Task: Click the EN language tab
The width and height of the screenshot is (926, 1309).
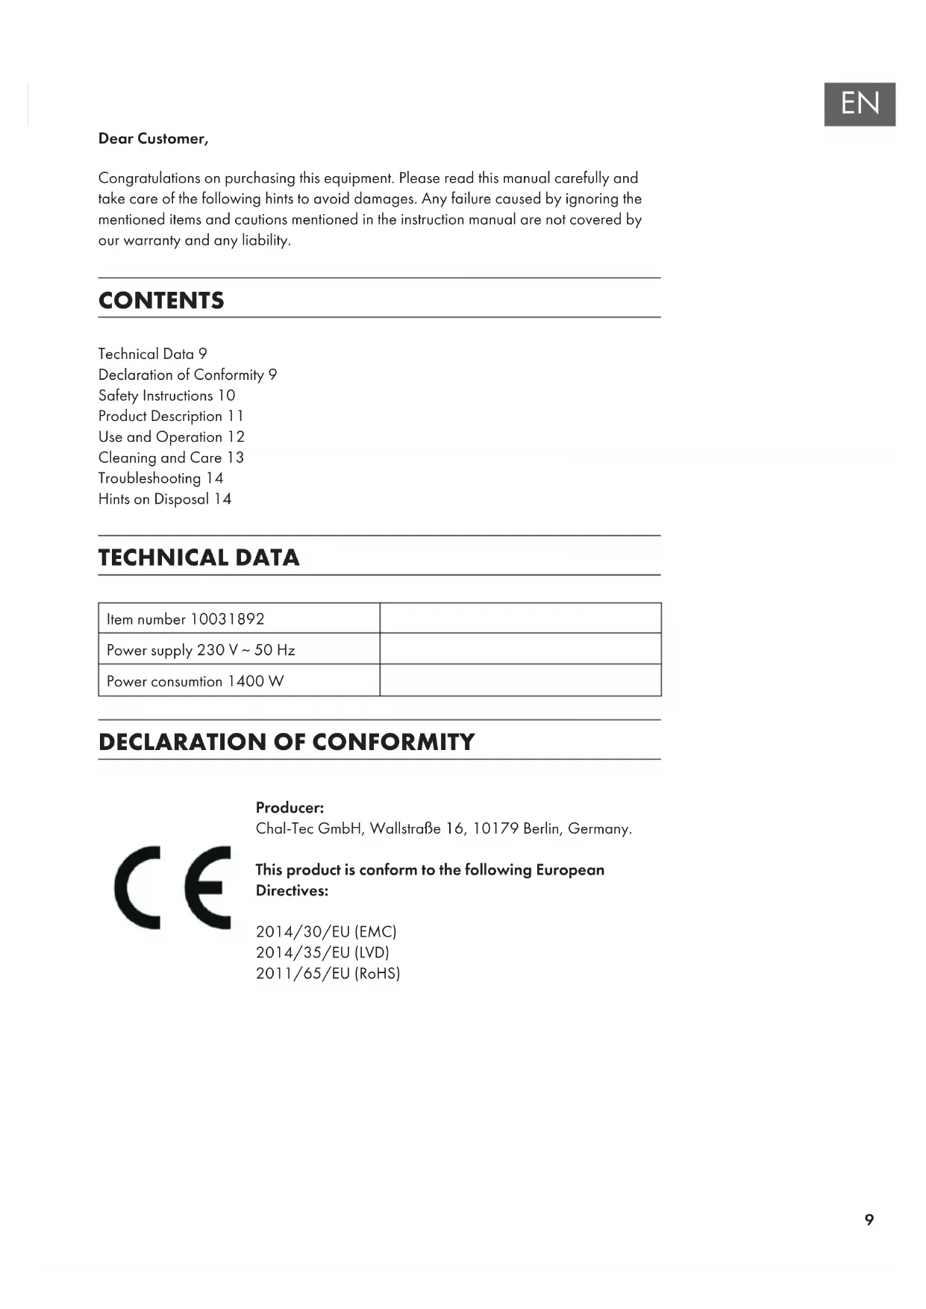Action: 859,104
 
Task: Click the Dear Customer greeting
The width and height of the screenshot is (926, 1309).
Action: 153,139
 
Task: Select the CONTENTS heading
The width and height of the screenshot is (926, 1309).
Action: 161,300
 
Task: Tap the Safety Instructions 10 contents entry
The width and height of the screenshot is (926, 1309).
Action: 166,396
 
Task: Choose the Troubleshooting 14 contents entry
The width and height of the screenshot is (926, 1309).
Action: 160,478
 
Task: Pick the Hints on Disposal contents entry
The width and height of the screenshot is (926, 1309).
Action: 164,499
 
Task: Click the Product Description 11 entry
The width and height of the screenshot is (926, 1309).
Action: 171,416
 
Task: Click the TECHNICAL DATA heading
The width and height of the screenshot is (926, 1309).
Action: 198,557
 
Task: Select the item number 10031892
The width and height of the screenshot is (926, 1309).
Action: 227,619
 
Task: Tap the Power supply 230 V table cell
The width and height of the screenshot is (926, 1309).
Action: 201,650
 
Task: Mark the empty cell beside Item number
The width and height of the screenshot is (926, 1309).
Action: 520,619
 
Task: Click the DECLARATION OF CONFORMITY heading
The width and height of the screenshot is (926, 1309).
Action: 287,742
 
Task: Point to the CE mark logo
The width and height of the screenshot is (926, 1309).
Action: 172,887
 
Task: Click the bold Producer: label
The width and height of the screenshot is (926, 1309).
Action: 290,807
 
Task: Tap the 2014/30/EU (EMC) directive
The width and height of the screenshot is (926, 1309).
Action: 326,932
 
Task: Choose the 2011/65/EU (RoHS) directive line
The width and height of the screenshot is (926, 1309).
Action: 328,974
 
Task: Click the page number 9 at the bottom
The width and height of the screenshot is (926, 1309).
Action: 869,1219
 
